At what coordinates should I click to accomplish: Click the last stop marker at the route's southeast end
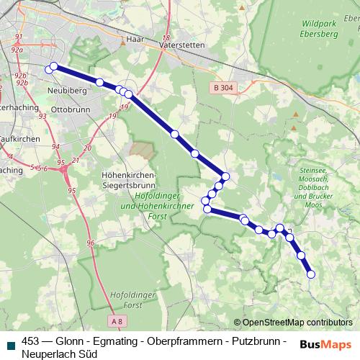tap(311, 274)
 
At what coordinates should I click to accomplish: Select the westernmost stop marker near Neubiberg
tap(49, 70)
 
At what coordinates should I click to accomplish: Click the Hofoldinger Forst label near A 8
tap(130, 299)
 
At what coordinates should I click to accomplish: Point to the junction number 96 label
tap(91, 243)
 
